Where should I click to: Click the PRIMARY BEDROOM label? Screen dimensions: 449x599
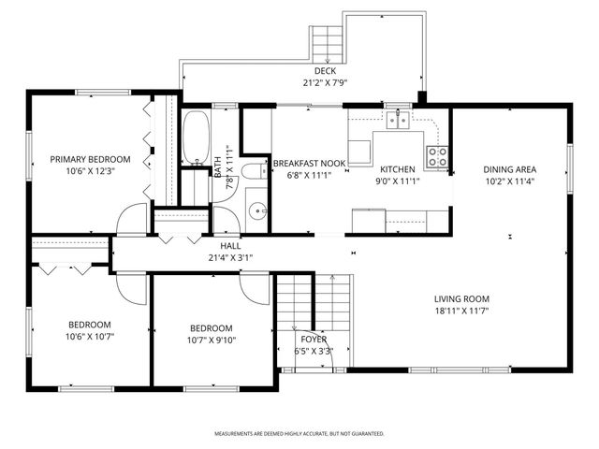click(90, 159)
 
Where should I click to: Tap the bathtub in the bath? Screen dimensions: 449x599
click(197, 138)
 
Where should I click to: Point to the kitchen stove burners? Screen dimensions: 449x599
click(437, 156)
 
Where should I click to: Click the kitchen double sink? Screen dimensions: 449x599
click(400, 118)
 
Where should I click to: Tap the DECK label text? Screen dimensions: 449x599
click(325, 71)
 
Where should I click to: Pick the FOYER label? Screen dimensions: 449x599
click(314, 340)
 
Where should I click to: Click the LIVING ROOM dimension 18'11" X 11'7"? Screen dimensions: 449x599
click(460, 311)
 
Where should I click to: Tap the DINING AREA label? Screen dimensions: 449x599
click(509, 169)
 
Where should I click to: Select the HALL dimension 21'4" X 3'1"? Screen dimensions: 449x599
click(230, 257)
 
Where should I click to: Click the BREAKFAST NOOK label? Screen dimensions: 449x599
click(309, 163)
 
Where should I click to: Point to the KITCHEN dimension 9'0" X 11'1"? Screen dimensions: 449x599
click(398, 181)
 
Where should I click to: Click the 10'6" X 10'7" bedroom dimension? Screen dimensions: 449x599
click(89, 337)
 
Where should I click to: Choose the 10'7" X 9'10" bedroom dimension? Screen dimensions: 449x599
click(212, 340)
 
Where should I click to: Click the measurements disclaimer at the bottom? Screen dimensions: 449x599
click(299, 434)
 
